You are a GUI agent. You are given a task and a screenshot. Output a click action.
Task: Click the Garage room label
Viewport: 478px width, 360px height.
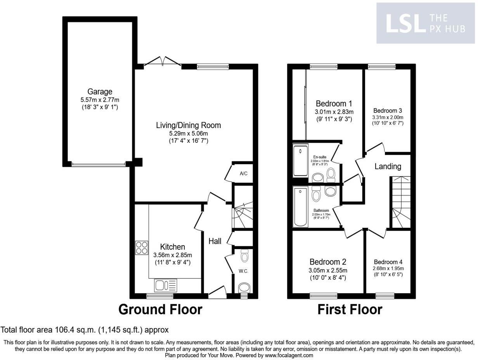(100, 92)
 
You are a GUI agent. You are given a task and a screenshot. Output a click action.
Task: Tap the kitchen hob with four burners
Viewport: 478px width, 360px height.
(141, 247)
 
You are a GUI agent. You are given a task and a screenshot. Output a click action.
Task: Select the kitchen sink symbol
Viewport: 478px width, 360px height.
(166, 285)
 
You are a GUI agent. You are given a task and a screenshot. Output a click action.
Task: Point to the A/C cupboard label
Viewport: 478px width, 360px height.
(243, 173)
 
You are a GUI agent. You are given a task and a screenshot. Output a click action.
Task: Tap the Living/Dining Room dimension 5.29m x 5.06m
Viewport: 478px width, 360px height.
(188, 133)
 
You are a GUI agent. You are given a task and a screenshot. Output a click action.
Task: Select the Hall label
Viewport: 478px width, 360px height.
(215, 241)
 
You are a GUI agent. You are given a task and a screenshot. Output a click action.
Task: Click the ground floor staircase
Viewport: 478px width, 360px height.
(242, 215)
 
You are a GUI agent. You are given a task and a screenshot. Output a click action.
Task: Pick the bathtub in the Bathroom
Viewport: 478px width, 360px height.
(300, 207)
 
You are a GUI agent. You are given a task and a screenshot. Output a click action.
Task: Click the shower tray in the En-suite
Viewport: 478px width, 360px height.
(300, 161)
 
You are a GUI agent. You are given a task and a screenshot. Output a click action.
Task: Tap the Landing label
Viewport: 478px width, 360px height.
(388, 166)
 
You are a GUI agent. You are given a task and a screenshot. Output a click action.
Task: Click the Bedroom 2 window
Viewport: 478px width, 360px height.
(324, 296)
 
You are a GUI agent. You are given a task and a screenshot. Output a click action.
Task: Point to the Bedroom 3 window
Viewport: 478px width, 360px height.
(382, 67)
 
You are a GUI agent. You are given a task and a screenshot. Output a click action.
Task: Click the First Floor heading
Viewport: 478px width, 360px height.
(350, 310)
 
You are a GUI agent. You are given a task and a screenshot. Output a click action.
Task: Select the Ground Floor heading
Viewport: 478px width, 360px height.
(160, 310)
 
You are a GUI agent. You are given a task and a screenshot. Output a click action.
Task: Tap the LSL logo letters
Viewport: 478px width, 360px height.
(404, 23)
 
